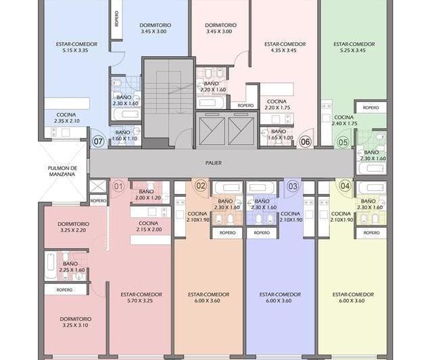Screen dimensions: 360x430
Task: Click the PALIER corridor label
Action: [x=214, y=163]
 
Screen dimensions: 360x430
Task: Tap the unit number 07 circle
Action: [x=99, y=142]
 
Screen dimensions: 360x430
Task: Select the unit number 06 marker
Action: [x=305, y=142]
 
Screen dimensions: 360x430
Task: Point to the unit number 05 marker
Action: [x=343, y=142]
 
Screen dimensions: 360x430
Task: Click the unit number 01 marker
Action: [x=118, y=185]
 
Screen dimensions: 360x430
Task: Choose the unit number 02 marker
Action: [x=201, y=185]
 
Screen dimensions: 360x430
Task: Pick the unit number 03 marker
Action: [x=293, y=185]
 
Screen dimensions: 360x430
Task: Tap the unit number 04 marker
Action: [x=345, y=185]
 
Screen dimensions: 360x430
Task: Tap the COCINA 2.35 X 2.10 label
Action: [x=66, y=118]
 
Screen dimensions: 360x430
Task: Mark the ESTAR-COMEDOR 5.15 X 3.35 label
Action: [x=76, y=47]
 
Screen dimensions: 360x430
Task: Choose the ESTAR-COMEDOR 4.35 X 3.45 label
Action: [x=280, y=47]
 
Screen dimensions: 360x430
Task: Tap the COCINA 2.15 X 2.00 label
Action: [x=148, y=227]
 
